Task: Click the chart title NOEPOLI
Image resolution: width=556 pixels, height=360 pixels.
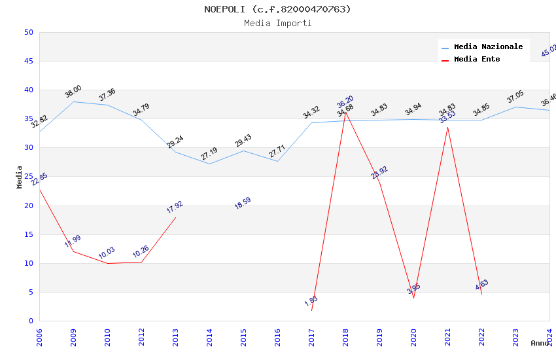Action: (x=277, y=9)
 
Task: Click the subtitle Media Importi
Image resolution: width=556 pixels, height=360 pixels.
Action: (x=277, y=24)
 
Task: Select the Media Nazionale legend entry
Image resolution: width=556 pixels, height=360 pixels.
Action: (x=488, y=46)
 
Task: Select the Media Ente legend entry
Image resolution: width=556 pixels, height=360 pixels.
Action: (x=476, y=59)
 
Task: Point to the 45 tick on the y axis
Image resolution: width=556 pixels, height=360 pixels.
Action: (x=29, y=62)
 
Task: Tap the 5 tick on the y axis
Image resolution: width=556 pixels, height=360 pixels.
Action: (x=31, y=293)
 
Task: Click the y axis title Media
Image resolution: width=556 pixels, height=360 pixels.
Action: (x=20, y=177)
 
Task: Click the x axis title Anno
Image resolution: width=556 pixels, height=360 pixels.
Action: (x=540, y=343)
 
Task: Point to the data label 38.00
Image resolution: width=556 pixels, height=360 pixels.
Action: (x=73, y=92)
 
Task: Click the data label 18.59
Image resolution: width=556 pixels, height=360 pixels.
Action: (x=243, y=203)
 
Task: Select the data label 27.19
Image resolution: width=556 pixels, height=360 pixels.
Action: (x=209, y=154)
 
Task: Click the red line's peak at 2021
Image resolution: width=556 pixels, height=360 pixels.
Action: (x=447, y=126)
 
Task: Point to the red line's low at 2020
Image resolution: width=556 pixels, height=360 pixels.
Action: (x=413, y=298)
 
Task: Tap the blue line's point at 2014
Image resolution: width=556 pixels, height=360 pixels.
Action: (x=209, y=164)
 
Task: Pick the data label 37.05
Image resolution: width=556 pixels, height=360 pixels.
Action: (x=515, y=98)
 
